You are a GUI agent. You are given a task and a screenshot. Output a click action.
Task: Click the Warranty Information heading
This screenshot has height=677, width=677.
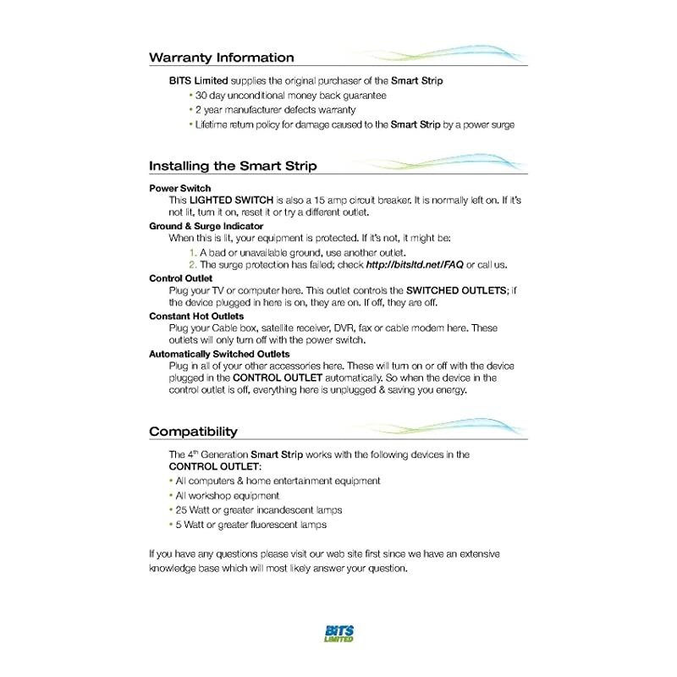point(222,58)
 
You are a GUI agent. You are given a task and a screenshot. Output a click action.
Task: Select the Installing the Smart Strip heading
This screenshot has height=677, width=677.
point(233,166)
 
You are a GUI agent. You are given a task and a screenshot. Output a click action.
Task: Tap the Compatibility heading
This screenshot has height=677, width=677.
point(194,432)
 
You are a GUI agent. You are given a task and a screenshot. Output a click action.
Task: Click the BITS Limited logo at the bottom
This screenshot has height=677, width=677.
point(338,633)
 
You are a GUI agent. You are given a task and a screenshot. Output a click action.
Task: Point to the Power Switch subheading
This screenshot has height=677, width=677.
point(180,188)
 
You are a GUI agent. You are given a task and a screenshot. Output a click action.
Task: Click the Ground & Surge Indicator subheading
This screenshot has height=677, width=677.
point(206,226)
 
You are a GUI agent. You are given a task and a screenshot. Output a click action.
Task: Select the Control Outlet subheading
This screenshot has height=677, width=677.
point(181,278)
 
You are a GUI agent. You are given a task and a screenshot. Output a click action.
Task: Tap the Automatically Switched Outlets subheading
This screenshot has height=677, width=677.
point(219,354)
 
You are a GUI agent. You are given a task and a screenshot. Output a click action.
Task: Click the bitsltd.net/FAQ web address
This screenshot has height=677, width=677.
point(414,265)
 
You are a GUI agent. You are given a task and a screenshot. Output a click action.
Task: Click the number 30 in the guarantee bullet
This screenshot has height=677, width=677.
point(202,96)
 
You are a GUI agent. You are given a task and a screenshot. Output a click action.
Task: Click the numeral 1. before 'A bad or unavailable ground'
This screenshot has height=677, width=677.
point(193,252)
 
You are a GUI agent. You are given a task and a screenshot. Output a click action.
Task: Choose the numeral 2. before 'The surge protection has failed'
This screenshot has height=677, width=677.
point(193,265)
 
